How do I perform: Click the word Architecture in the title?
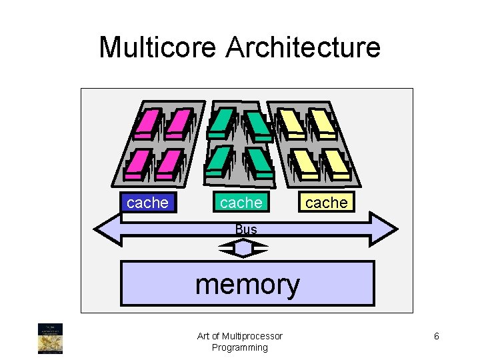(x=303, y=48)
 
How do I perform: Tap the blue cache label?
(x=147, y=203)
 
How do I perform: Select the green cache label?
(x=241, y=203)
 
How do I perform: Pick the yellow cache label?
(x=327, y=203)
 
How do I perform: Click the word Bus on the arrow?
(x=246, y=229)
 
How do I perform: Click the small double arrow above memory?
(x=244, y=248)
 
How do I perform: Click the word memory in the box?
(x=247, y=284)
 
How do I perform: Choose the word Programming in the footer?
(x=240, y=347)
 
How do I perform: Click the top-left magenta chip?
(x=147, y=123)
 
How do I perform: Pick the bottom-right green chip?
(x=257, y=161)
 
